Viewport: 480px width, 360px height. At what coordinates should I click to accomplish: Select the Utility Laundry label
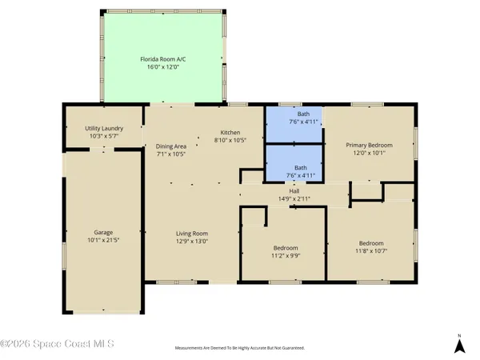(x=102, y=128)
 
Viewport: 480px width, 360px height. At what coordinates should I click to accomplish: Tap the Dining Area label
(x=171, y=146)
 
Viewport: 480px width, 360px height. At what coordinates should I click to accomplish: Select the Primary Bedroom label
(x=370, y=145)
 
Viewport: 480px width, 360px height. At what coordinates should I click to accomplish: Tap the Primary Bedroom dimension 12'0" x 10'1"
(x=370, y=154)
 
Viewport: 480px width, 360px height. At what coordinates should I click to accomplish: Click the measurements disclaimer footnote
(x=240, y=348)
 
